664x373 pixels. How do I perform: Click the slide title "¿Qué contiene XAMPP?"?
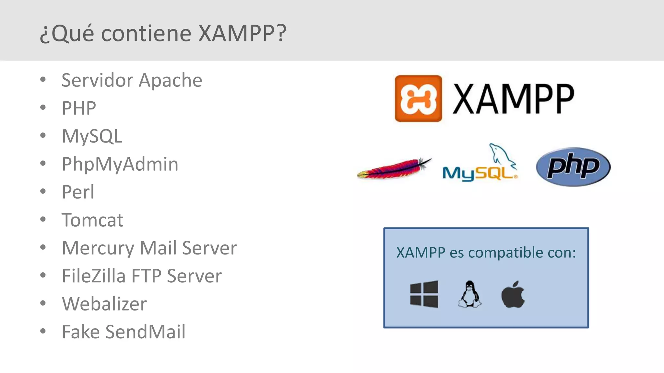163,33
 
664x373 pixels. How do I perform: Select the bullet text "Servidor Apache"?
132,80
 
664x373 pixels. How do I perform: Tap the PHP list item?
79,108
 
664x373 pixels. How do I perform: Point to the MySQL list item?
92,136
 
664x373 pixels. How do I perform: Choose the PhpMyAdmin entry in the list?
120,164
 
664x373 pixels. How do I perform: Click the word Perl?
78,192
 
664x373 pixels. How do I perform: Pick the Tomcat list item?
92,220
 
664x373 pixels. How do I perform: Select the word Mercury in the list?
98,248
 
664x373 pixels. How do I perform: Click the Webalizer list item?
104,304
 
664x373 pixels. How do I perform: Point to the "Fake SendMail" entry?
124,332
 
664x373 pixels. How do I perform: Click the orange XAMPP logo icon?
418,98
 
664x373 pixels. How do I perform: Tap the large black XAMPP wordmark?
513,98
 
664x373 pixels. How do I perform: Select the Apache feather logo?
394,168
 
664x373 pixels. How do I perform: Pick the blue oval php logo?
573,167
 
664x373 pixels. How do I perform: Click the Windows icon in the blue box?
424,294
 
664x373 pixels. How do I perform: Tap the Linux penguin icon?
469,294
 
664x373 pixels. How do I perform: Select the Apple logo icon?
513,294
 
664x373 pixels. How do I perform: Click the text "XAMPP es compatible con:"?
486,253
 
